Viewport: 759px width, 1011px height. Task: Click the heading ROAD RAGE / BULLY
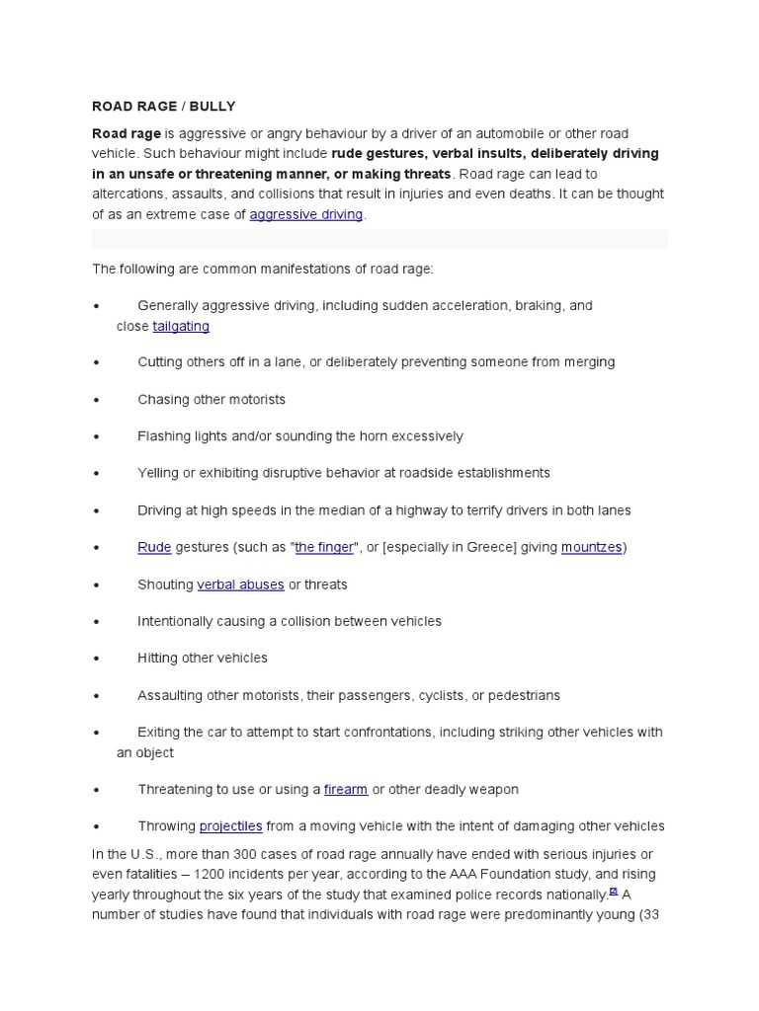click(164, 106)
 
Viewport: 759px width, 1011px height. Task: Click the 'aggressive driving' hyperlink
click(306, 214)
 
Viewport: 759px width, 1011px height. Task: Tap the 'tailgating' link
click(181, 326)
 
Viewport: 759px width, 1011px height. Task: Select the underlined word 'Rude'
click(153, 547)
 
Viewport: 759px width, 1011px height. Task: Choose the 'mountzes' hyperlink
click(591, 547)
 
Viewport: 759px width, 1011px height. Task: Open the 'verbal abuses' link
click(240, 584)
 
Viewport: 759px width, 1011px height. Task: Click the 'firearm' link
click(346, 790)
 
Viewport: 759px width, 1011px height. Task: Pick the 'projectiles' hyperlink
click(231, 826)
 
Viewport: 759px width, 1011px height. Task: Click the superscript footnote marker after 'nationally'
click(613, 891)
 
